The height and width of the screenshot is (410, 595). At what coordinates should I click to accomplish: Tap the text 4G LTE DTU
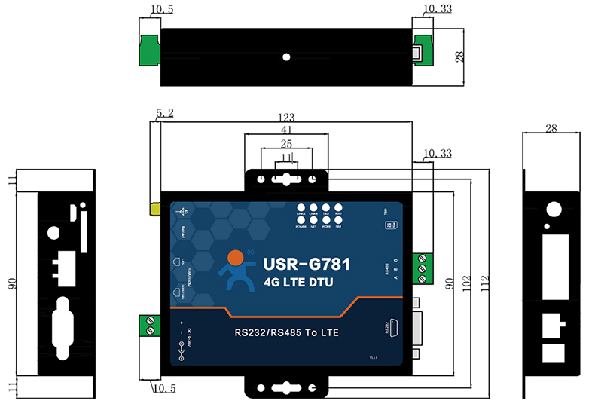pyautogui.click(x=300, y=283)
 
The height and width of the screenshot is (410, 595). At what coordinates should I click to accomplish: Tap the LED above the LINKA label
pyautogui.click(x=301, y=207)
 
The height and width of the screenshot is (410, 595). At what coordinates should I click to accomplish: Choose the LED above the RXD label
pyautogui.click(x=338, y=207)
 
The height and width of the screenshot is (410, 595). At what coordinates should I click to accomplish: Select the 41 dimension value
pyautogui.click(x=286, y=130)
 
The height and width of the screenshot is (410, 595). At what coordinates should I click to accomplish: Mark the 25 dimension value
pyautogui.click(x=286, y=143)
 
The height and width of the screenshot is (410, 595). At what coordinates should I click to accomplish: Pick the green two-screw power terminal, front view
pyautogui.click(x=152, y=327)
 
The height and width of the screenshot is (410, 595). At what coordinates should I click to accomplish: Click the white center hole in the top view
pyautogui.click(x=287, y=57)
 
